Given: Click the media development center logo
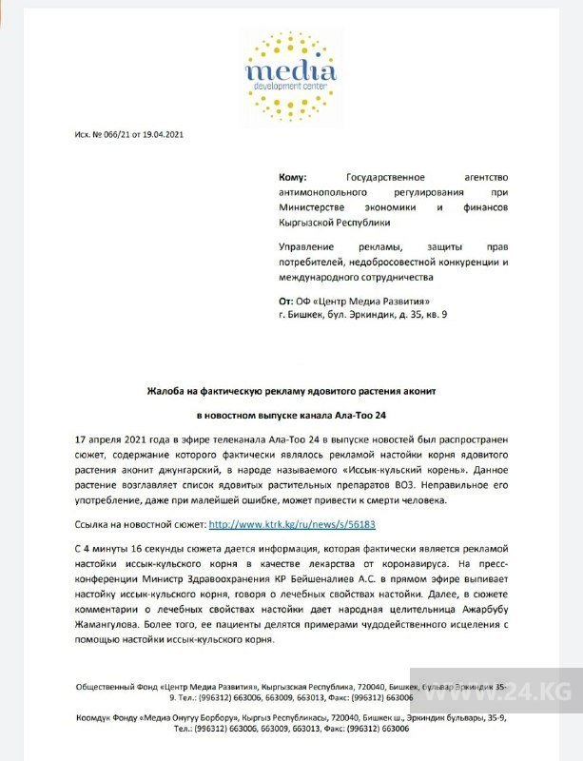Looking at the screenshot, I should (x=290, y=63).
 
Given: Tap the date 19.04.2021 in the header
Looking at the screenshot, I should (x=164, y=134).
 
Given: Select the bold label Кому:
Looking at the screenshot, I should (x=293, y=178).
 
